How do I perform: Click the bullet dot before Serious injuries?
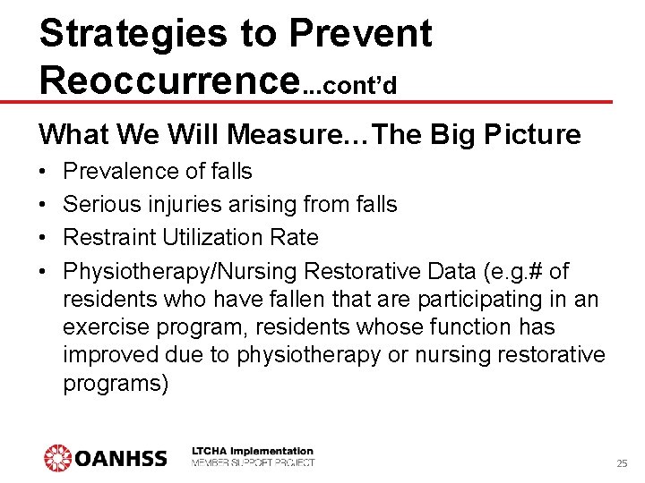point(44,205)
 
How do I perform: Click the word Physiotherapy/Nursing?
point(180,270)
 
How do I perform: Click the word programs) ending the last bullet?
point(116,385)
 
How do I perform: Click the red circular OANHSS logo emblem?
point(57,458)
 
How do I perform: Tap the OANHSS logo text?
point(121,458)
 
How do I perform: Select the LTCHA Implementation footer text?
point(253,451)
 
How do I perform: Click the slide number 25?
point(622,463)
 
